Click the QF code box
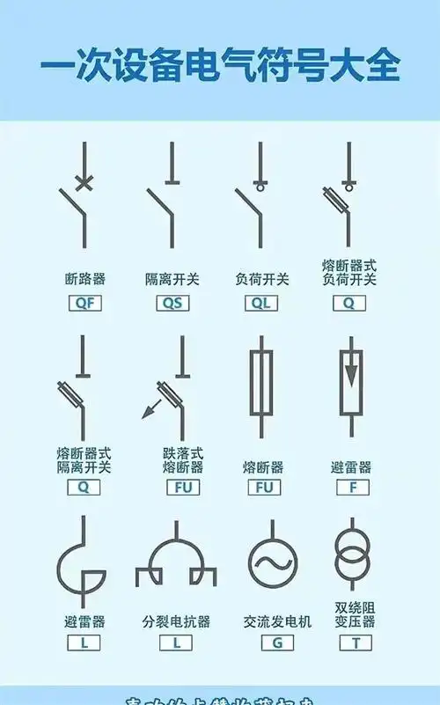click(x=84, y=304)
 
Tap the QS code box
click(x=172, y=304)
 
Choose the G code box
click(x=277, y=643)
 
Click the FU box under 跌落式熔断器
click(x=182, y=487)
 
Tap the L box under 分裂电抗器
click(x=176, y=643)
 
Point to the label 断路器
click(x=84, y=279)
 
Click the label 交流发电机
click(x=277, y=621)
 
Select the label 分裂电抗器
click(x=176, y=621)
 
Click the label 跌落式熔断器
click(x=182, y=459)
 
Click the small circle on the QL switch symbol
click(x=260, y=186)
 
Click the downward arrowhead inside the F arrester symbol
click(x=351, y=375)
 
